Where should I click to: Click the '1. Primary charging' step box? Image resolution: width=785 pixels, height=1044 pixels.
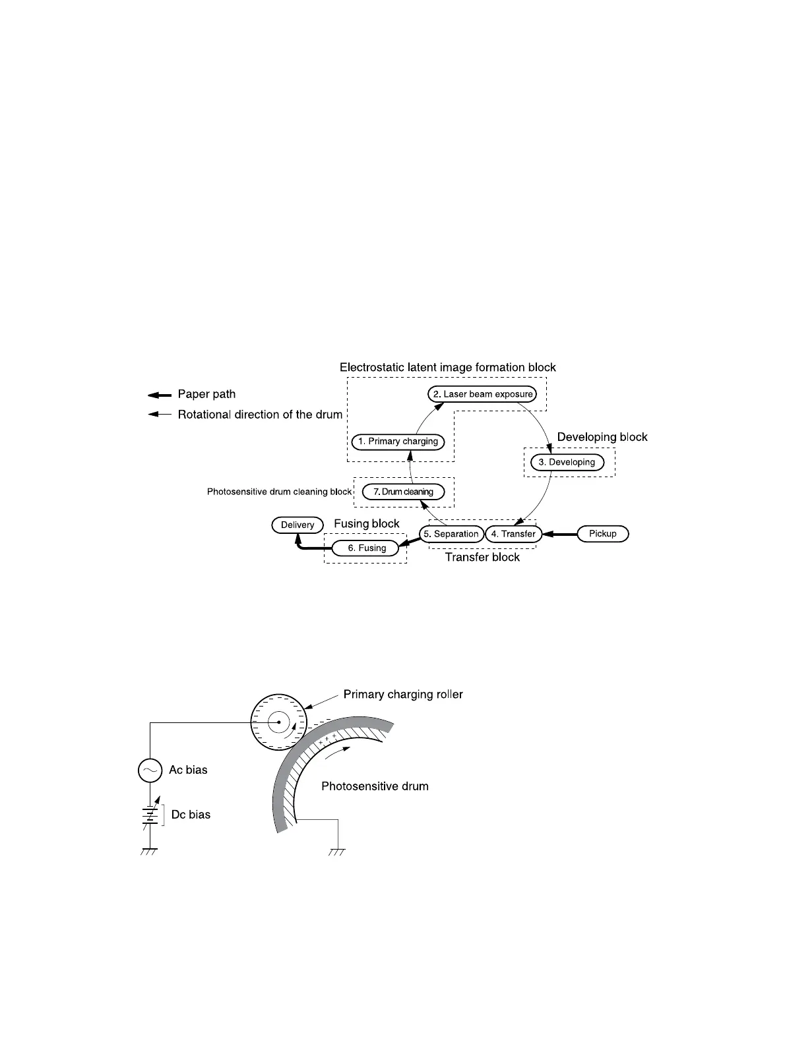[x=398, y=442]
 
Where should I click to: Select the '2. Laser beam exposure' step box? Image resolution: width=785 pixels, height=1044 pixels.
[x=482, y=394]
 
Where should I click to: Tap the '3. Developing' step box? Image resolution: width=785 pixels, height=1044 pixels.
[x=567, y=462]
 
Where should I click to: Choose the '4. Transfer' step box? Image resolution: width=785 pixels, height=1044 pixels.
[x=513, y=534]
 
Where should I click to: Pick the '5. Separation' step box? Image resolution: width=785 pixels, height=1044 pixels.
[x=451, y=534]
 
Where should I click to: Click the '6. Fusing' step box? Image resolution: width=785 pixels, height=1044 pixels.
[x=367, y=548]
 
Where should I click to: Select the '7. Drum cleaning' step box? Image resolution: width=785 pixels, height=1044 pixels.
[x=403, y=492]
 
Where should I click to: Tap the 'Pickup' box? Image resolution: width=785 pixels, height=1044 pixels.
[x=602, y=534]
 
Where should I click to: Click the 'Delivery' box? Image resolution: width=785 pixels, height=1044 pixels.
[x=298, y=525]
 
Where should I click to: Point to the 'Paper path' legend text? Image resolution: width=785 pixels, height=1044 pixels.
[x=206, y=394]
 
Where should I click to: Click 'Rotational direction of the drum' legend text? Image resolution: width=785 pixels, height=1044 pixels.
[x=260, y=415]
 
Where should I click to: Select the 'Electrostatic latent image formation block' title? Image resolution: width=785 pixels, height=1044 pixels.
[x=447, y=367]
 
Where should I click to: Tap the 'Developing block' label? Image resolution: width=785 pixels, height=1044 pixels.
[x=602, y=437]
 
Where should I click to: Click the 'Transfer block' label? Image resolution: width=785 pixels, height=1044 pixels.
[x=482, y=557]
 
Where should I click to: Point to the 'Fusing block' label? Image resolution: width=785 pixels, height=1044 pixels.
[x=366, y=523]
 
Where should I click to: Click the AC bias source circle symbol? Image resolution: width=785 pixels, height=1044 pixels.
[x=150, y=770]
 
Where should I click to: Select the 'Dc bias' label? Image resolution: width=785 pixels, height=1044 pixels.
[x=191, y=815]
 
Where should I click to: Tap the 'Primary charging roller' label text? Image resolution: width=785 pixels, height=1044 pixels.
[x=403, y=695]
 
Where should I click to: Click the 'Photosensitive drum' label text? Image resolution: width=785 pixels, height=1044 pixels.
[x=375, y=786]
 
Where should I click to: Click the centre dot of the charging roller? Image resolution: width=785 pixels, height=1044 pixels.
[x=278, y=723]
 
